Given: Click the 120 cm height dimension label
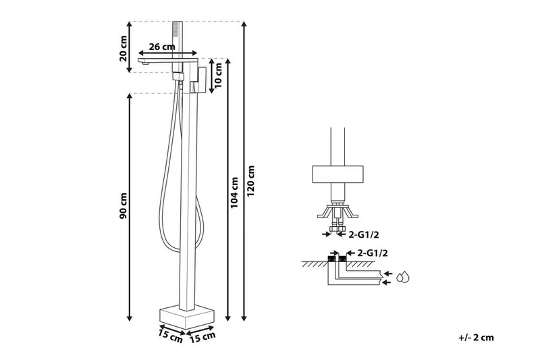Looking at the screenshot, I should click(x=252, y=181).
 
